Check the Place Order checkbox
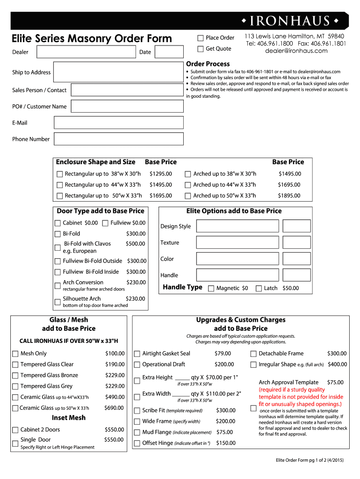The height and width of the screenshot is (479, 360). (x=201, y=38)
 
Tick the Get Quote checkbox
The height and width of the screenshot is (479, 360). (x=201, y=49)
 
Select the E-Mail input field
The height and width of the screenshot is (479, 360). (x=119, y=123)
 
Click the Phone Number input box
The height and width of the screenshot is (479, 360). (x=119, y=139)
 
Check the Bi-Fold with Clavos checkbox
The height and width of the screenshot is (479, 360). (x=58, y=247)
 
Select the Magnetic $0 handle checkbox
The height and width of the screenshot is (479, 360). (x=211, y=289)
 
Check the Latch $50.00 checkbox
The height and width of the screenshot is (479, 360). (x=259, y=289)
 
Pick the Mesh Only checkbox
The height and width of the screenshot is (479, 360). (x=15, y=354)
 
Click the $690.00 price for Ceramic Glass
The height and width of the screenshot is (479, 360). (x=114, y=408)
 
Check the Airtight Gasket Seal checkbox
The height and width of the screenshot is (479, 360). (x=137, y=354)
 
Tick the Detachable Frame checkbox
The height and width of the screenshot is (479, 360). (x=253, y=354)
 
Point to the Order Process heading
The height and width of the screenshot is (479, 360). (x=208, y=64)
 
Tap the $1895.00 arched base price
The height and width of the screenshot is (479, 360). (x=289, y=196)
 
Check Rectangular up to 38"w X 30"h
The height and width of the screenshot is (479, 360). (x=59, y=174)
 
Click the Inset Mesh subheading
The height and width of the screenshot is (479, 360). (x=68, y=418)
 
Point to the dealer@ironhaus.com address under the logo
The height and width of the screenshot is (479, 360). (x=296, y=51)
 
